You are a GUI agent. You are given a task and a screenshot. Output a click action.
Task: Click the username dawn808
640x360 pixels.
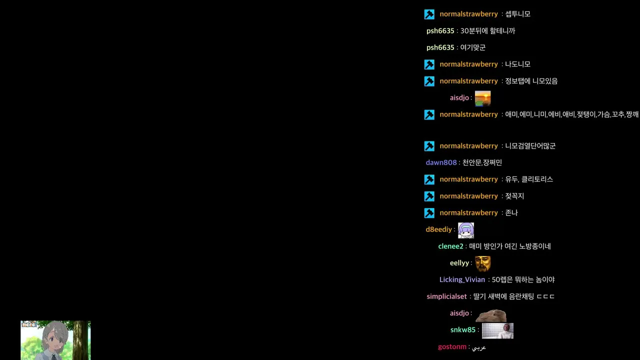point(441,162)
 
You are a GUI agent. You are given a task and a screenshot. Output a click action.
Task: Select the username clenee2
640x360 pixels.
point(450,246)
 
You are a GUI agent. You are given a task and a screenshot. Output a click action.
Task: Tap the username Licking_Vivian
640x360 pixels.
point(462,279)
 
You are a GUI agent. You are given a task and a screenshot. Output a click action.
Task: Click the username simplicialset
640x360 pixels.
point(446,296)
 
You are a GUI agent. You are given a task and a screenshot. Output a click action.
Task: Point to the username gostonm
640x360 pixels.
point(452,347)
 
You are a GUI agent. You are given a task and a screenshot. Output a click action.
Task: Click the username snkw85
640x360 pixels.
point(463,330)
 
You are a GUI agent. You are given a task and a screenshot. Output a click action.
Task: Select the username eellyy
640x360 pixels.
point(459,263)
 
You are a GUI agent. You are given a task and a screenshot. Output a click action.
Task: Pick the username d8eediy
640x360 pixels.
point(439,229)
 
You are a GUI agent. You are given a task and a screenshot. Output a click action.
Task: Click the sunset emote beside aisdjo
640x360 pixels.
point(482,98)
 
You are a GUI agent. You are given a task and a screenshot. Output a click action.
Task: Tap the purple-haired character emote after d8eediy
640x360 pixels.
point(465,230)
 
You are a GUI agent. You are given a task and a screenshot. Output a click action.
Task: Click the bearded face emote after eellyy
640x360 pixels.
point(482,263)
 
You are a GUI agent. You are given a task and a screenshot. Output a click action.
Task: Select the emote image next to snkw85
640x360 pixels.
point(497,330)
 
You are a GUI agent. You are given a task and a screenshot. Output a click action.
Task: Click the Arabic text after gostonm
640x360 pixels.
point(479,347)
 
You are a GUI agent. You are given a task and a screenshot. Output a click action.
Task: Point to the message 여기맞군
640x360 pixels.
point(472,47)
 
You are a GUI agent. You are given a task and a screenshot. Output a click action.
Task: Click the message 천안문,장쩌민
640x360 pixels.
point(482,162)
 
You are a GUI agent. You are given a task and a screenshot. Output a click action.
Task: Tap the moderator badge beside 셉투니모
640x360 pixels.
point(429,14)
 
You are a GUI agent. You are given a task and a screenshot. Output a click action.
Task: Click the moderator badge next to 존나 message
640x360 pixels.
point(429,213)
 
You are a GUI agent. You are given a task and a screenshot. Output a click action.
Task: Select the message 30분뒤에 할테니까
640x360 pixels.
point(487,31)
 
